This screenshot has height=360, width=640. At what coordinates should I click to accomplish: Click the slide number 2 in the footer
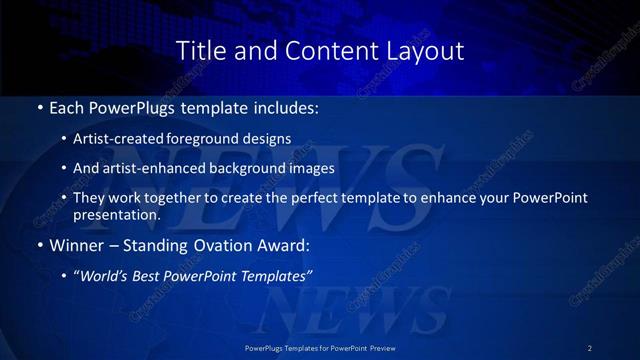coord(589,347)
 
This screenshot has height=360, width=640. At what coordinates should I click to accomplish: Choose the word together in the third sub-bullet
coord(188,198)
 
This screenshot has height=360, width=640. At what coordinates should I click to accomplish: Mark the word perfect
coord(313,198)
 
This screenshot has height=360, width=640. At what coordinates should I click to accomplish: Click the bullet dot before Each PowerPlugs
coord(39,106)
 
